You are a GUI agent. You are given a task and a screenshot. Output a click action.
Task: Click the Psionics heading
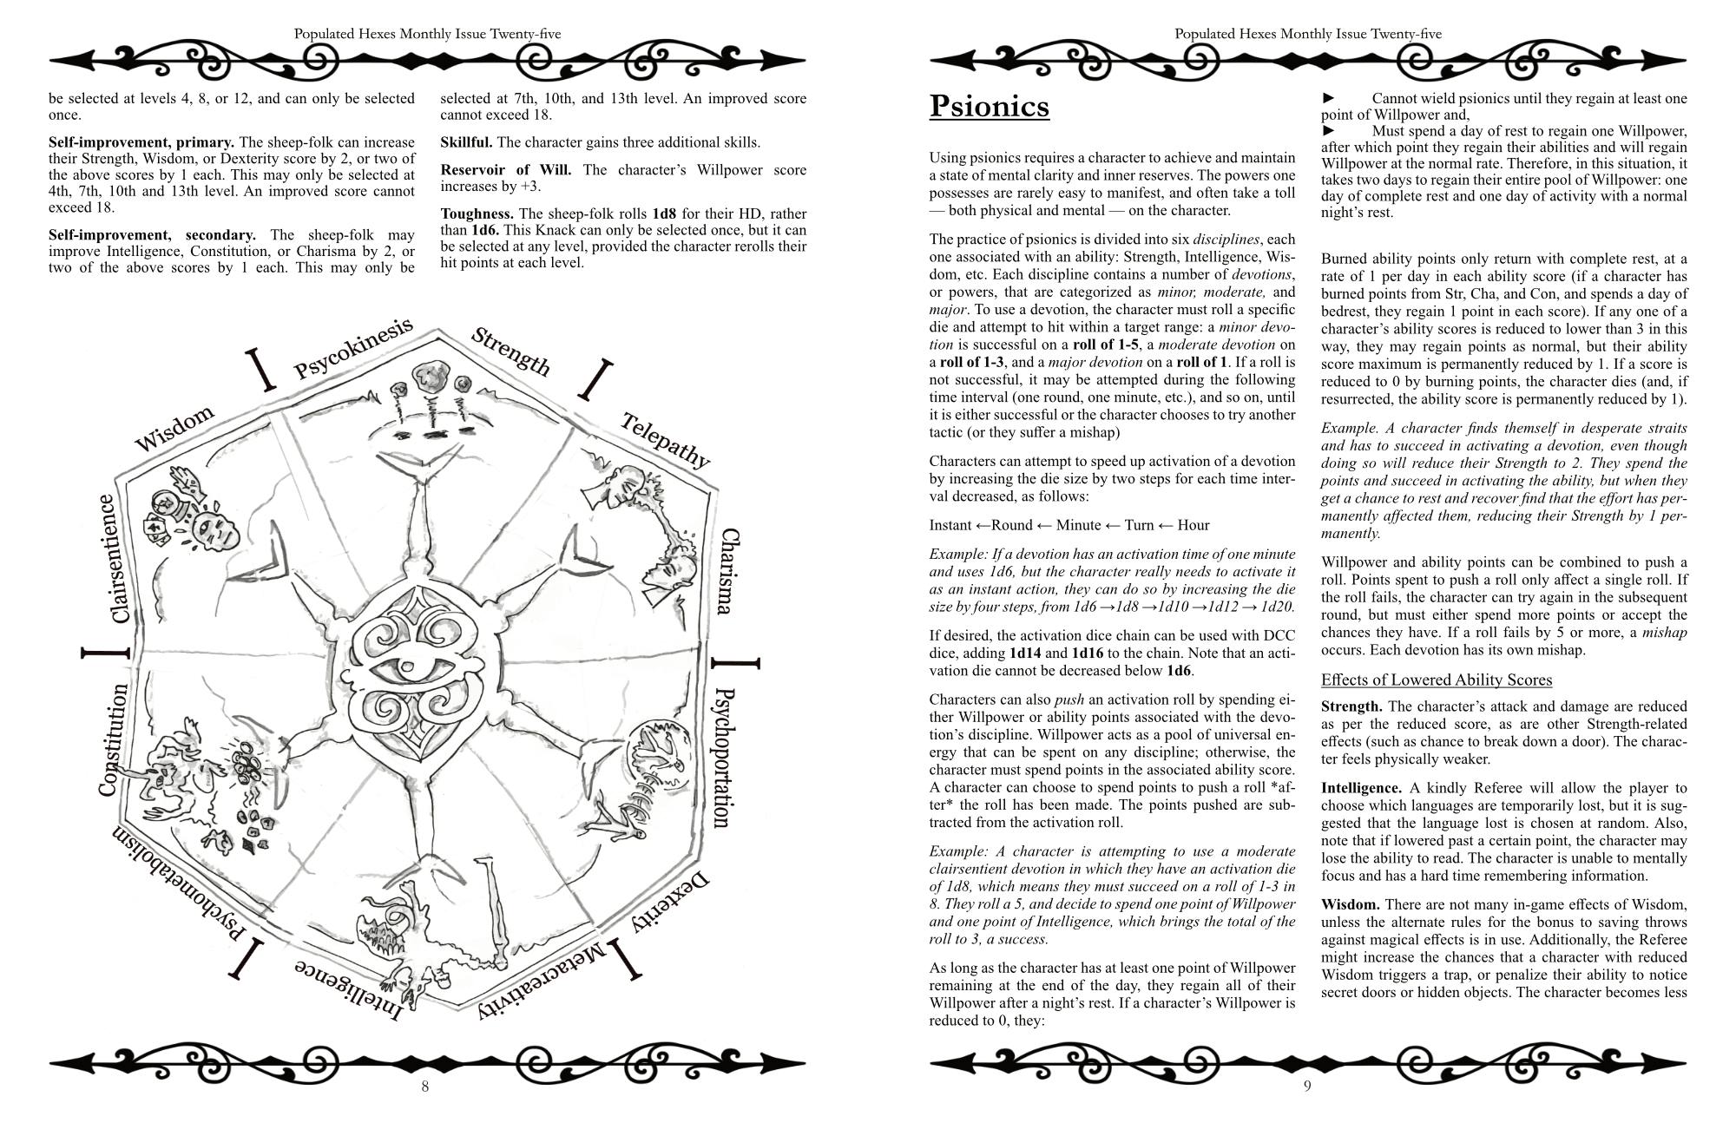point(989,107)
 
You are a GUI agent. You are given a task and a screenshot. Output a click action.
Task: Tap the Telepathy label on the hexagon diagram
point(665,441)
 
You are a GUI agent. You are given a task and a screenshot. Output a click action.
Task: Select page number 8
point(424,1087)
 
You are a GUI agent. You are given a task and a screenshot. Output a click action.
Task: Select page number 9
point(1307,1087)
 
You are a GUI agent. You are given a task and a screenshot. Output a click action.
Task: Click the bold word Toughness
point(477,213)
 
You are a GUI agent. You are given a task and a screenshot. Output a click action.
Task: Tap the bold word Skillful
point(466,142)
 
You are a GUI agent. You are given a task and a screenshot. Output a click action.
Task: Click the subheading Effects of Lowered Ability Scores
point(1436,680)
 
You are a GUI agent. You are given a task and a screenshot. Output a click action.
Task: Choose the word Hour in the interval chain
point(1193,525)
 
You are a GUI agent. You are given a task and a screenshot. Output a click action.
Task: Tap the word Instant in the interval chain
point(950,525)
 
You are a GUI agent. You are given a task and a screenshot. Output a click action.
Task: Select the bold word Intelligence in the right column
point(1361,788)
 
